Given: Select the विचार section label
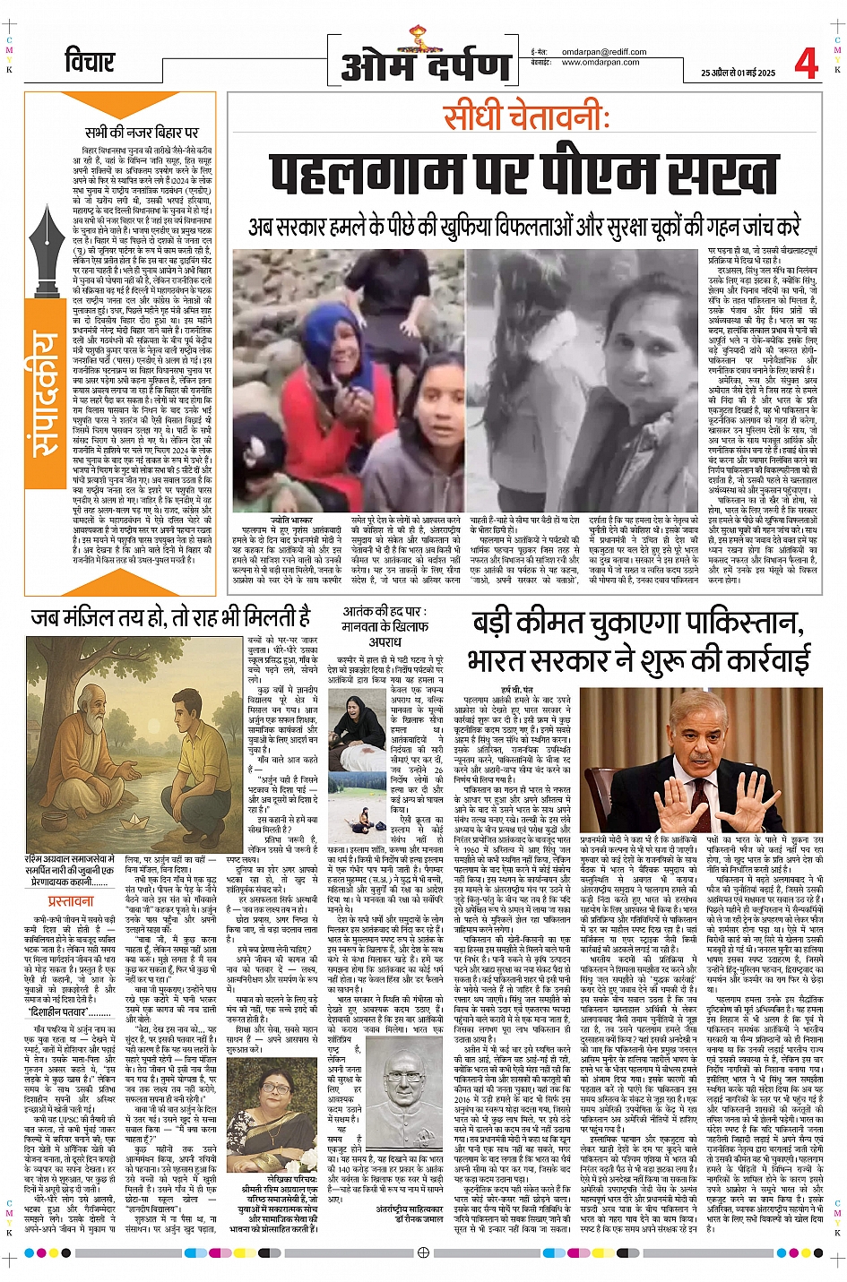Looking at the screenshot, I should tap(90, 63).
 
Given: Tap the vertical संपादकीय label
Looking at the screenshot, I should tap(46, 394).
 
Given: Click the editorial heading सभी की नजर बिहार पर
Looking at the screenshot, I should tap(142, 133).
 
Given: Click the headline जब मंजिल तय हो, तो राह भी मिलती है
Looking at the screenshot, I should tap(170, 617).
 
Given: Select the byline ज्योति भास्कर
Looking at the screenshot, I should tap(292, 520).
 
